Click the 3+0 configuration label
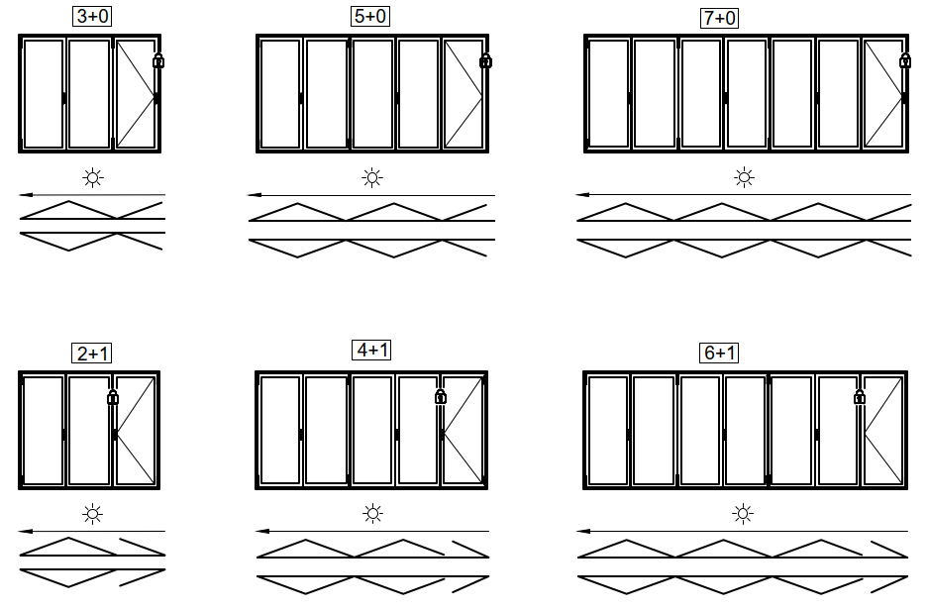pyautogui.click(x=92, y=16)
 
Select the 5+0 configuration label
pyautogui.click(x=370, y=16)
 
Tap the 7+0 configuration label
pyautogui.click(x=720, y=18)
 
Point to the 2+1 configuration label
pyautogui.click(x=92, y=354)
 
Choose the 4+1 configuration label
pyautogui.click(x=371, y=350)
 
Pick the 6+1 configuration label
pyautogui.click(x=720, y=353)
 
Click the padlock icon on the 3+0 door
pyautogui.click(x=158, y=60)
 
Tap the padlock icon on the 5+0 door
pyautogui.click(x=485, y=60)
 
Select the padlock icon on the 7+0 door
pyautogui.click(x=905, y=60)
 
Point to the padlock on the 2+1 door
pyautogui.click(x=113, y=397)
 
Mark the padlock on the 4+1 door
pyautogui.click(x=441, y=396)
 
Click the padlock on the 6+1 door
pyautogui.click(x=860, y=396)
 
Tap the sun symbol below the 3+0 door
pyautogui.click(x=93, y=177)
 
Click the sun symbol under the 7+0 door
pyautogui.click(x=744, y=177)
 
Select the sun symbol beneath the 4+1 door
pyautogui.click(x=372, y=514)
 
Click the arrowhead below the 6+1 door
pyautogui.click(x=583, y=532)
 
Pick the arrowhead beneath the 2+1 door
pyautogui.click(x=26, y=532)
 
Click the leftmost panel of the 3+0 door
pyautogui.click(x=43, y=93)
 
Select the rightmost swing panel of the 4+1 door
pyautogui.click(x=464, y=430)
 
